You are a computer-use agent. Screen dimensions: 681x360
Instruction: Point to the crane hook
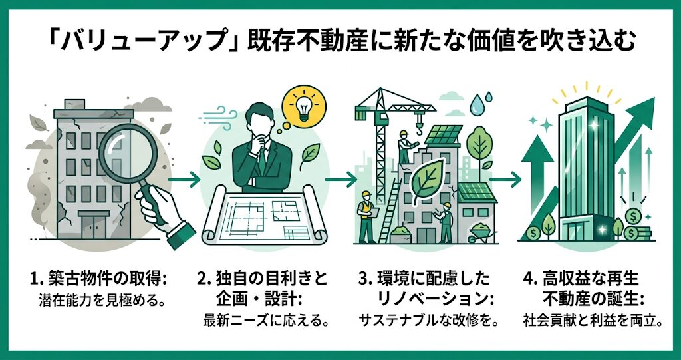tap(419, 126)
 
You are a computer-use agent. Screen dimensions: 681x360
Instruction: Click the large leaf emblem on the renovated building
tap(428, 181)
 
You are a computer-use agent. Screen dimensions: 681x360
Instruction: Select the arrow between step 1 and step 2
tap(184, 179)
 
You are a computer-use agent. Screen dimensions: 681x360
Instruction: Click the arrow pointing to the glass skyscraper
tap(505, 179)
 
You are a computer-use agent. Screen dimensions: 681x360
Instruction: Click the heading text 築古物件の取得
tap(104, 279)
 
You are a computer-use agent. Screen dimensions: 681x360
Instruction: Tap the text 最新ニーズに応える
tap(261, 322)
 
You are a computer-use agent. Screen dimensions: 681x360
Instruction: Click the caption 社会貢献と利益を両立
tap(589, 322)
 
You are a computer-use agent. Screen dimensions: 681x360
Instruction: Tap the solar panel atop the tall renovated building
tap(442, 135)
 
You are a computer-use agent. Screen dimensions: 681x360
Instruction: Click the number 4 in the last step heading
tap(527, 279)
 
